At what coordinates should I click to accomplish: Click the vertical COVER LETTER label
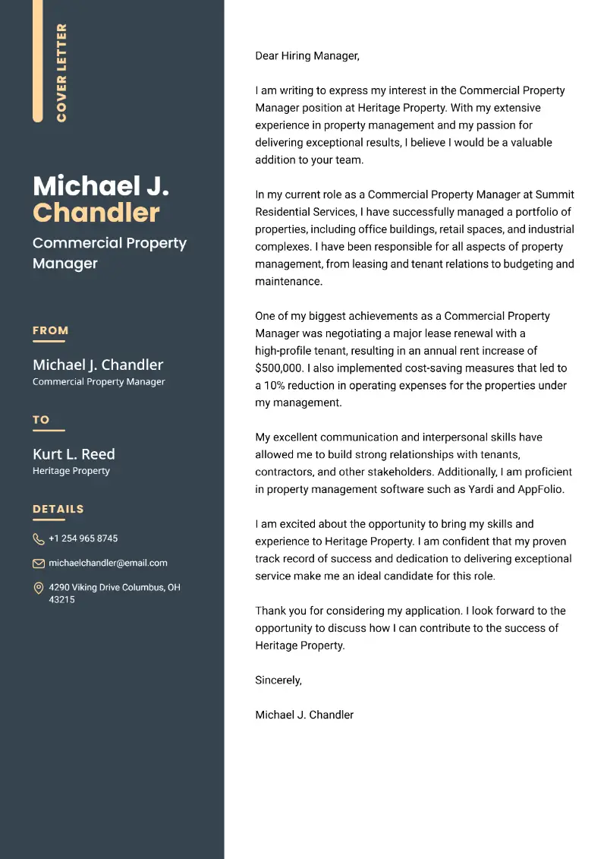[x=61, y=73]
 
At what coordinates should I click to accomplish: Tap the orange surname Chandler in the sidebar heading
[x=96, y=213]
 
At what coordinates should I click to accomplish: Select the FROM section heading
[x=50, y=330]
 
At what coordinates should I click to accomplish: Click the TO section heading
[x=41, y=419]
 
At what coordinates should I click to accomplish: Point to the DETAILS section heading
[x=58, y=509]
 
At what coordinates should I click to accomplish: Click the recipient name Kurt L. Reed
[x=74, y=454]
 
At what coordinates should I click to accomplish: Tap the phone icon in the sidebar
[x=39, y=539]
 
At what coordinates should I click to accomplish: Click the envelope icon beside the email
[x=39, y=564]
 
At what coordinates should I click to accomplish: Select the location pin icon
[x=39, y=588]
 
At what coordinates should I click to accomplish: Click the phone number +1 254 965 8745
[x=83, y=538]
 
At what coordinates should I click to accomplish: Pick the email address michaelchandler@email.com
[x=108, y=563]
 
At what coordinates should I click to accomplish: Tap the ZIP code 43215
[x=61, y=600]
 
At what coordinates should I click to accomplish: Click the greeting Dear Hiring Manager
[x=307, y=55]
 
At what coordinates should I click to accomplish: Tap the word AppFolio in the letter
[x=541, y=490]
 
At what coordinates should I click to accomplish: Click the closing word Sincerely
[x=278, y=681]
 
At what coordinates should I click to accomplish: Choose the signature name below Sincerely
[x=304, y=715]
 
